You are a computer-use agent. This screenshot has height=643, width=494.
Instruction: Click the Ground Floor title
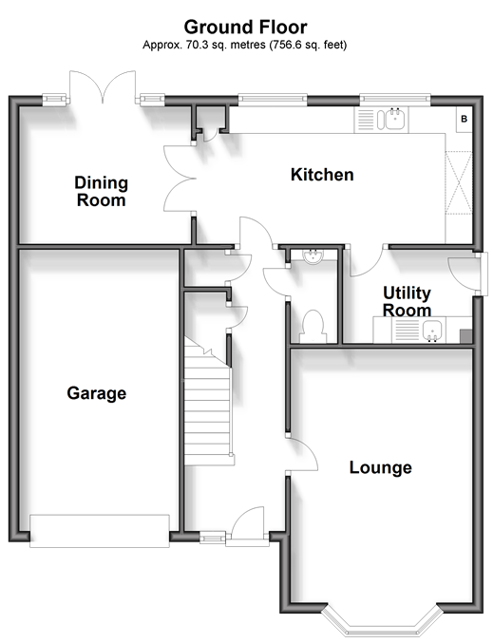pyautogui.click(x=245, y=27)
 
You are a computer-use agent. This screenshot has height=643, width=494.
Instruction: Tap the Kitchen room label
pyautogui.click(x=322, y=175)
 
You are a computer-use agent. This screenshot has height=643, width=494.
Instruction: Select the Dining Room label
pyautogui.click(x=101, y=192)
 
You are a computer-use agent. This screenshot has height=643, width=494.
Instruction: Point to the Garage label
pyautogui.click(x=96, y=393)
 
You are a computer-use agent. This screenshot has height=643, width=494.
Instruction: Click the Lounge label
pyautogui.click(x=380, y=467)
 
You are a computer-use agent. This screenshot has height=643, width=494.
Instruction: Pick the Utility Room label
pyautogui.click(x=407, y=301)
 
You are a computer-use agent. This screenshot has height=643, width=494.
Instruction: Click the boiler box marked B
pyautogui.click(x=464, y=120)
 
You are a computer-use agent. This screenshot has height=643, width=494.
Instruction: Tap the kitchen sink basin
pyautogui.click(x=395, y=119)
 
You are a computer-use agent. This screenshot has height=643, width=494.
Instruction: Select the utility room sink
pyautogui.click(x=432, y=331)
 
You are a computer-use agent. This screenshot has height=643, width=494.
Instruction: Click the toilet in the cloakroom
pyautogui.click(x=313, y=327)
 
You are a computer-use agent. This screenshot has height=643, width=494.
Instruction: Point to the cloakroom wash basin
pyautogui.click(x=313, y=255)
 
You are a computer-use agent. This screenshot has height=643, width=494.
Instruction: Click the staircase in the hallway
pyautogui.click(x=208, y=403)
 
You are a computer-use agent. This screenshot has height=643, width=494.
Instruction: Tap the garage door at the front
pyautogui.click(x=100, y=531)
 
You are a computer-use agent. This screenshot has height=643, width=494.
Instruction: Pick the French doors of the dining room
pyautogui.click(x=103, y=87)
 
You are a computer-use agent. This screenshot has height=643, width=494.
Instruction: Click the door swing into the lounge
pyautogui.click(x=302, y=454)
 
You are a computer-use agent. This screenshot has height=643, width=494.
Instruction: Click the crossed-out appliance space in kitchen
pyautogui.click(x=459, y=182)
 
